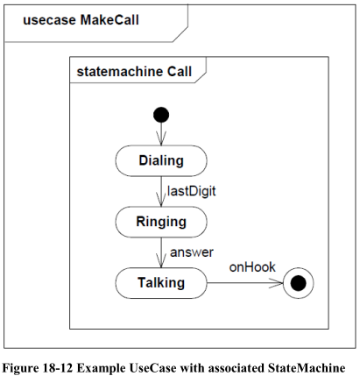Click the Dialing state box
(x=161, y=160)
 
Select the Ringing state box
(x=161, y=222)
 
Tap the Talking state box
(x=161, y=283)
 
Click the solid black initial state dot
(x=161, y=115)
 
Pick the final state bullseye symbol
(x=299, y=283)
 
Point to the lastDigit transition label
(x=192, y=191)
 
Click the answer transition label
(x=192, y=252)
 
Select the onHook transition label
(x=252, y=267)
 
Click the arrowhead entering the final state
(x=276, y=283)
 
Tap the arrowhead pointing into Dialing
(x=161, y=138)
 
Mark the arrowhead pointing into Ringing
(x=161, y=199)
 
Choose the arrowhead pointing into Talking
(x=161, y=260)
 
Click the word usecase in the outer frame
(x=49, y=20)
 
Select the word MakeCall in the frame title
(x=109, y=20)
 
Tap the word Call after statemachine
(x=180, y=72)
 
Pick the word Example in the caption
(x=101, y=368)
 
